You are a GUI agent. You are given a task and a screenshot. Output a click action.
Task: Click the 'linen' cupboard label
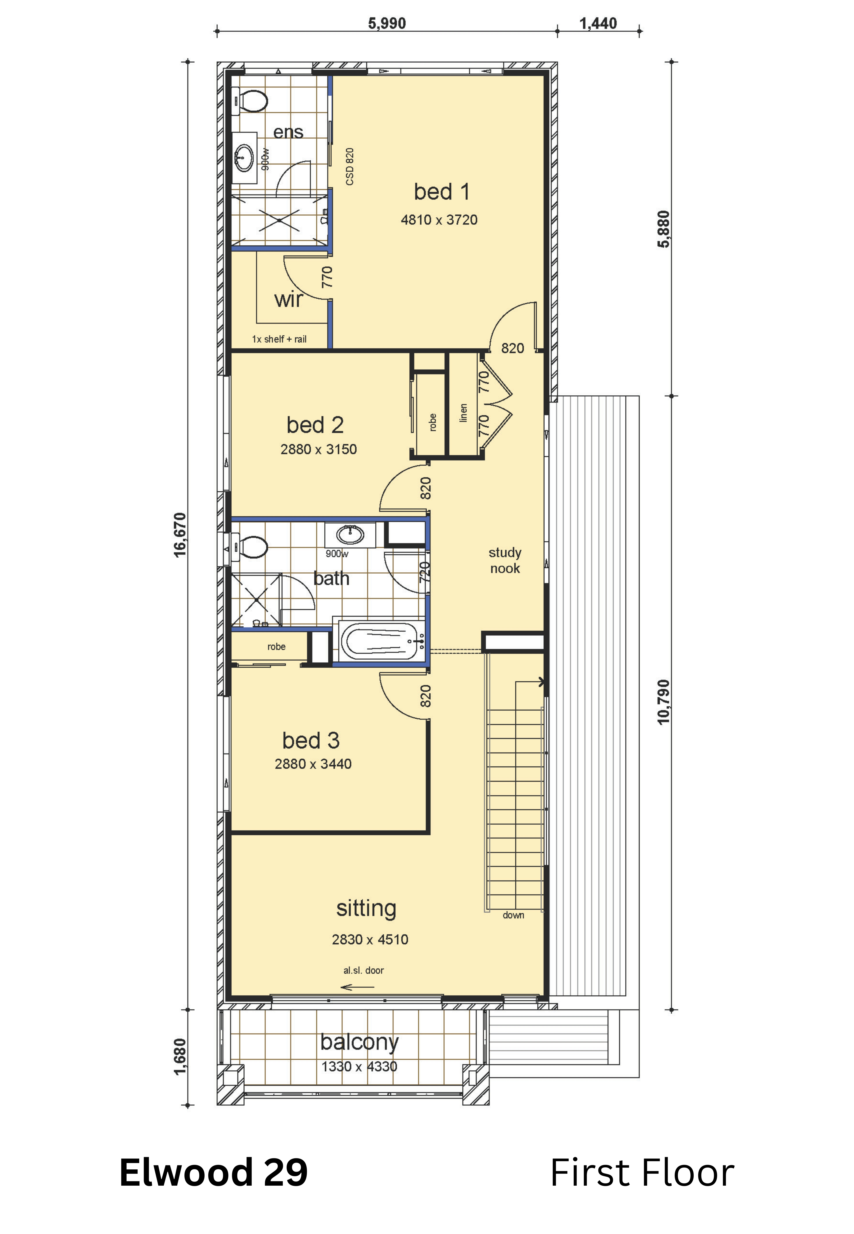[463, 413]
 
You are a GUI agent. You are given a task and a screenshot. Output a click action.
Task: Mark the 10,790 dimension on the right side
[663, 702]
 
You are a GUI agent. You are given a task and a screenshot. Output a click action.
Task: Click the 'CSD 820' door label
[350, 167]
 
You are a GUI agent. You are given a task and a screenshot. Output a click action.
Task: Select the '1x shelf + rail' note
[279, 339]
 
